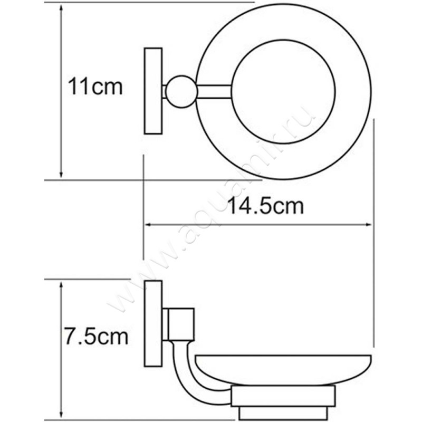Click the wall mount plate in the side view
point(154,323)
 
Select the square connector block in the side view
point(178,323)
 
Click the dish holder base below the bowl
point(283,396)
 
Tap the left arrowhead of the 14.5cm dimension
point(147,225)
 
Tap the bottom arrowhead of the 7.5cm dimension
point(62,413)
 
